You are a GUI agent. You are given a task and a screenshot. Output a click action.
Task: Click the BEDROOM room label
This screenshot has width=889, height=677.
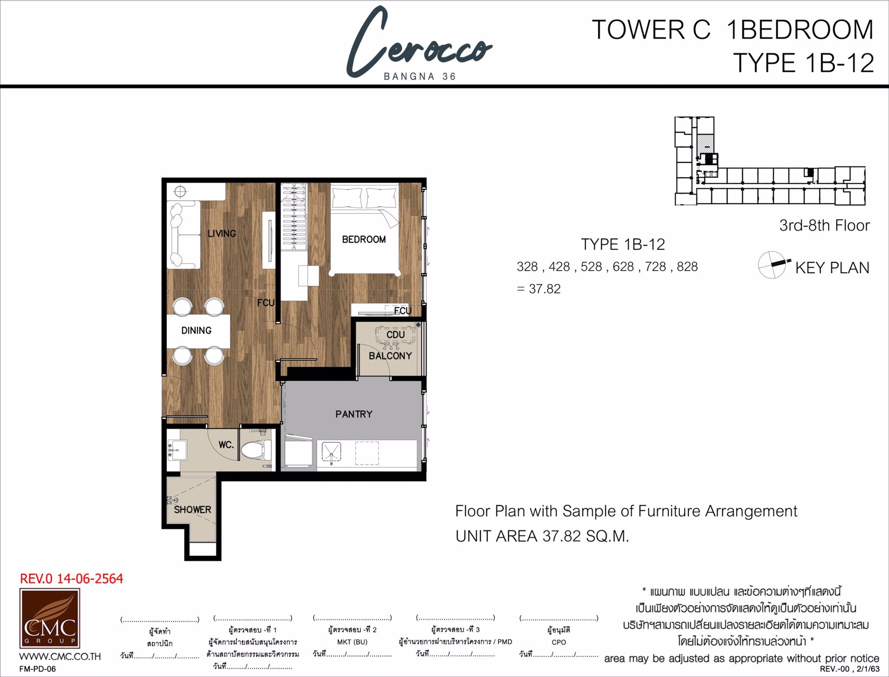(364, 240)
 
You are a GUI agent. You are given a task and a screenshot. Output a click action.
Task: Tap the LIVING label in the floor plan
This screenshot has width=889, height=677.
(222, 233)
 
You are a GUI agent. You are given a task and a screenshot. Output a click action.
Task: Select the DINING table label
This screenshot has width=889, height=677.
(196, 331)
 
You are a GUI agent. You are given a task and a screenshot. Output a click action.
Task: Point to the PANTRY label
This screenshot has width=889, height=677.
(353, 414)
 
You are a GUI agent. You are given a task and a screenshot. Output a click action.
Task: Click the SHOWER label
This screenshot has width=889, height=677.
(192, 509)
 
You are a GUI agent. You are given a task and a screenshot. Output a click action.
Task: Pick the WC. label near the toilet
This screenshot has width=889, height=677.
(226, 445)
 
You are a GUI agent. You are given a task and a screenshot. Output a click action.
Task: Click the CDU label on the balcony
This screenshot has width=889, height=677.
(395, 335)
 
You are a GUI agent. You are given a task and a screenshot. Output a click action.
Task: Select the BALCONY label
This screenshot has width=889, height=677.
(390, 356)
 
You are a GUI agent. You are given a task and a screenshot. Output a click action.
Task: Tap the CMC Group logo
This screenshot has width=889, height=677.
(50, 618)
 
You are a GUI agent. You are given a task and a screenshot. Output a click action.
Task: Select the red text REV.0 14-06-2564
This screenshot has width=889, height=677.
(71, 579)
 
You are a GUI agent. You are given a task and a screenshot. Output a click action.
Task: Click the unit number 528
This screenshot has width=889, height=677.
(591, 267)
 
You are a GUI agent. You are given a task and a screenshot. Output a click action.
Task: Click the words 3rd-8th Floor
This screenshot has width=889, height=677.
(824, 226)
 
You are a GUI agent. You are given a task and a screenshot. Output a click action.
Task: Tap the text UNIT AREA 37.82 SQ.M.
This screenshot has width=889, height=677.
(542, 536)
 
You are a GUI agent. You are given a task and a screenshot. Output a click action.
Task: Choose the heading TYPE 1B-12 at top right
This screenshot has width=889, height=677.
(803, 63)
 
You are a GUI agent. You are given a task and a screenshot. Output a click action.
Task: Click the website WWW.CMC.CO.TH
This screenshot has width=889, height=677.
(60, 656)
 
